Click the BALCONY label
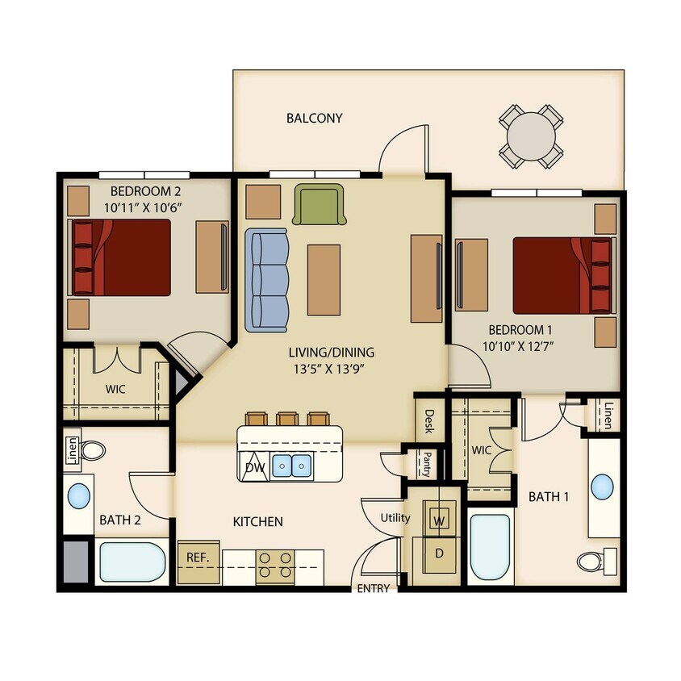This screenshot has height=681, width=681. click(315, 118)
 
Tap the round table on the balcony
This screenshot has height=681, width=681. click(530, 136)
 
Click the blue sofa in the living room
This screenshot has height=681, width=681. click(266, 279)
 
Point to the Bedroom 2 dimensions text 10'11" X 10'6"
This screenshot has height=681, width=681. click(144, 207)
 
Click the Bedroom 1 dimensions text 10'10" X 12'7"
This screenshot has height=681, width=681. click(520, 346)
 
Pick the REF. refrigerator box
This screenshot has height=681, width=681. click(198, 558)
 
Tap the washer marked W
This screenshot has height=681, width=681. click(440, 520)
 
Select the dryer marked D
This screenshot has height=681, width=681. click(440, 554)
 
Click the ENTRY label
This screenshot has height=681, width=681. click(374, 588)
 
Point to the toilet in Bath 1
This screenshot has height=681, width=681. click(598, 558)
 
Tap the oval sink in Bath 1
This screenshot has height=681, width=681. click(602, 487)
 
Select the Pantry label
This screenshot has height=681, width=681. click(426, 463)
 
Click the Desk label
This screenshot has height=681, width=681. click(429, 420)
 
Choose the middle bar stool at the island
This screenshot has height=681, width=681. click(286, 419)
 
